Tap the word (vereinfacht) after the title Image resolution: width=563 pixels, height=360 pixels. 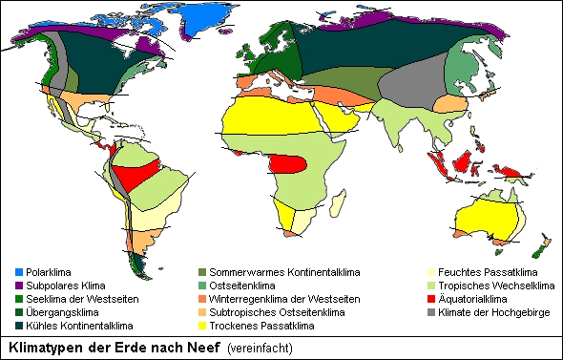click(x=261, y=349)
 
